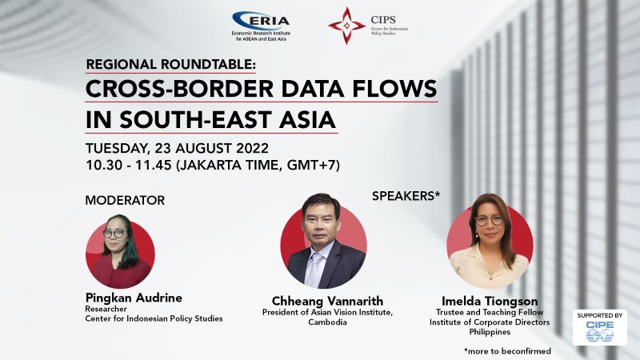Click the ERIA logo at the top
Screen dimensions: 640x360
coord(262,26)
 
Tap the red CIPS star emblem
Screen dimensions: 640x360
coord(346,26)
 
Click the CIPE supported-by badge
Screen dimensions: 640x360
coord(599,327)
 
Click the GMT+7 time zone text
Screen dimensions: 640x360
coord(311,165)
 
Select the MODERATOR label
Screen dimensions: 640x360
coord(125,201)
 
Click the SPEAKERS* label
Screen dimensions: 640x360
coord(406,196)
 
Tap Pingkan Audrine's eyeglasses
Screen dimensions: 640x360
coord(114,234)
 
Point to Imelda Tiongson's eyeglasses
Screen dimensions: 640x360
coord(489,221)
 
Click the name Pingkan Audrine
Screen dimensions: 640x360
coord(134,298)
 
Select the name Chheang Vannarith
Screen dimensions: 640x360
coord(327,302)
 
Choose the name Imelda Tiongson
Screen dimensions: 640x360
coord(490,302)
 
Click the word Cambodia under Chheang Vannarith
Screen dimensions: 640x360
coord(327,322)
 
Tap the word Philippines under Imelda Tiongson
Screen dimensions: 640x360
coord(490,332)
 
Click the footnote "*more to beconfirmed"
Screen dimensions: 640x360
coord(507,351)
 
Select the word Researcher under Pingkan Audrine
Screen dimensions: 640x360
coord(106,309)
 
